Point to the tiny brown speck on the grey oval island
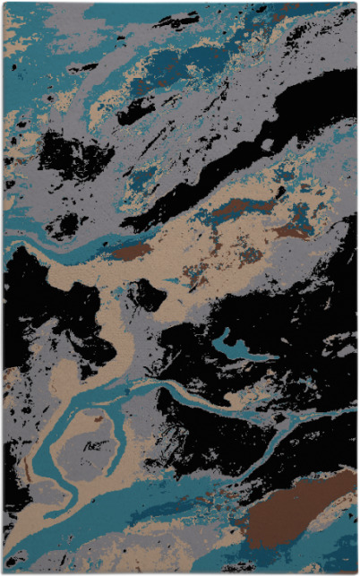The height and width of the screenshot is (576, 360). pyautogui.click(x=98, y=417)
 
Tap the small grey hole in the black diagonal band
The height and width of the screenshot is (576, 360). pyautogui.click(x=267, y=143)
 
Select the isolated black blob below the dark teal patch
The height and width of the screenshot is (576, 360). pyautogui.click(x=135, y=111)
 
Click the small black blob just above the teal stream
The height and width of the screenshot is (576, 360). pyautogui.click(x=64, y=225)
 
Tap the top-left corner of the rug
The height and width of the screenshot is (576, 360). pyautogui.click(x=4, y=4)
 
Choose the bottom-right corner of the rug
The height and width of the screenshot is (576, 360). pyautogui.click(x=356, y=572)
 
